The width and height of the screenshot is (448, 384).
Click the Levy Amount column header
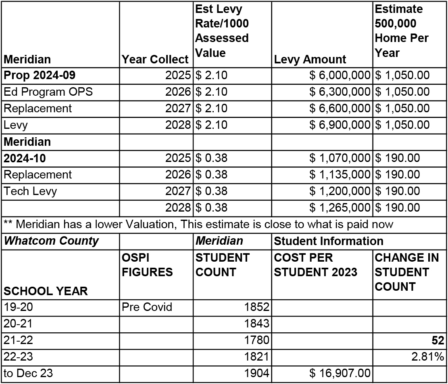tap(310, 59)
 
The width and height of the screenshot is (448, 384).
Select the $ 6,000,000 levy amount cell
tap(340, 76)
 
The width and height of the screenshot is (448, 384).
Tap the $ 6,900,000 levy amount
tap(340, 125)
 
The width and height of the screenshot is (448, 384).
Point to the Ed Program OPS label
tap(48, 92)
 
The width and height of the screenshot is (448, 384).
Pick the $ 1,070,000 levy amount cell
tap(340, 158)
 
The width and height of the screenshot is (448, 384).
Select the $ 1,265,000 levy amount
tap(340, 208)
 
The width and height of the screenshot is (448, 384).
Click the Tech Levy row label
tap(30, 191)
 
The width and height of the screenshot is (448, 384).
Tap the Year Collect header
tap(155, 59)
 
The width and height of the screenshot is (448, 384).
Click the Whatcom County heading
tap(51, 241)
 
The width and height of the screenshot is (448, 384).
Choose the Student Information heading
tap(328, 241)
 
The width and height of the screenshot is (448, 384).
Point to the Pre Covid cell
tap(147, 307)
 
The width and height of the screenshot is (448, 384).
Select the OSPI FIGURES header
tap(147, 265)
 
